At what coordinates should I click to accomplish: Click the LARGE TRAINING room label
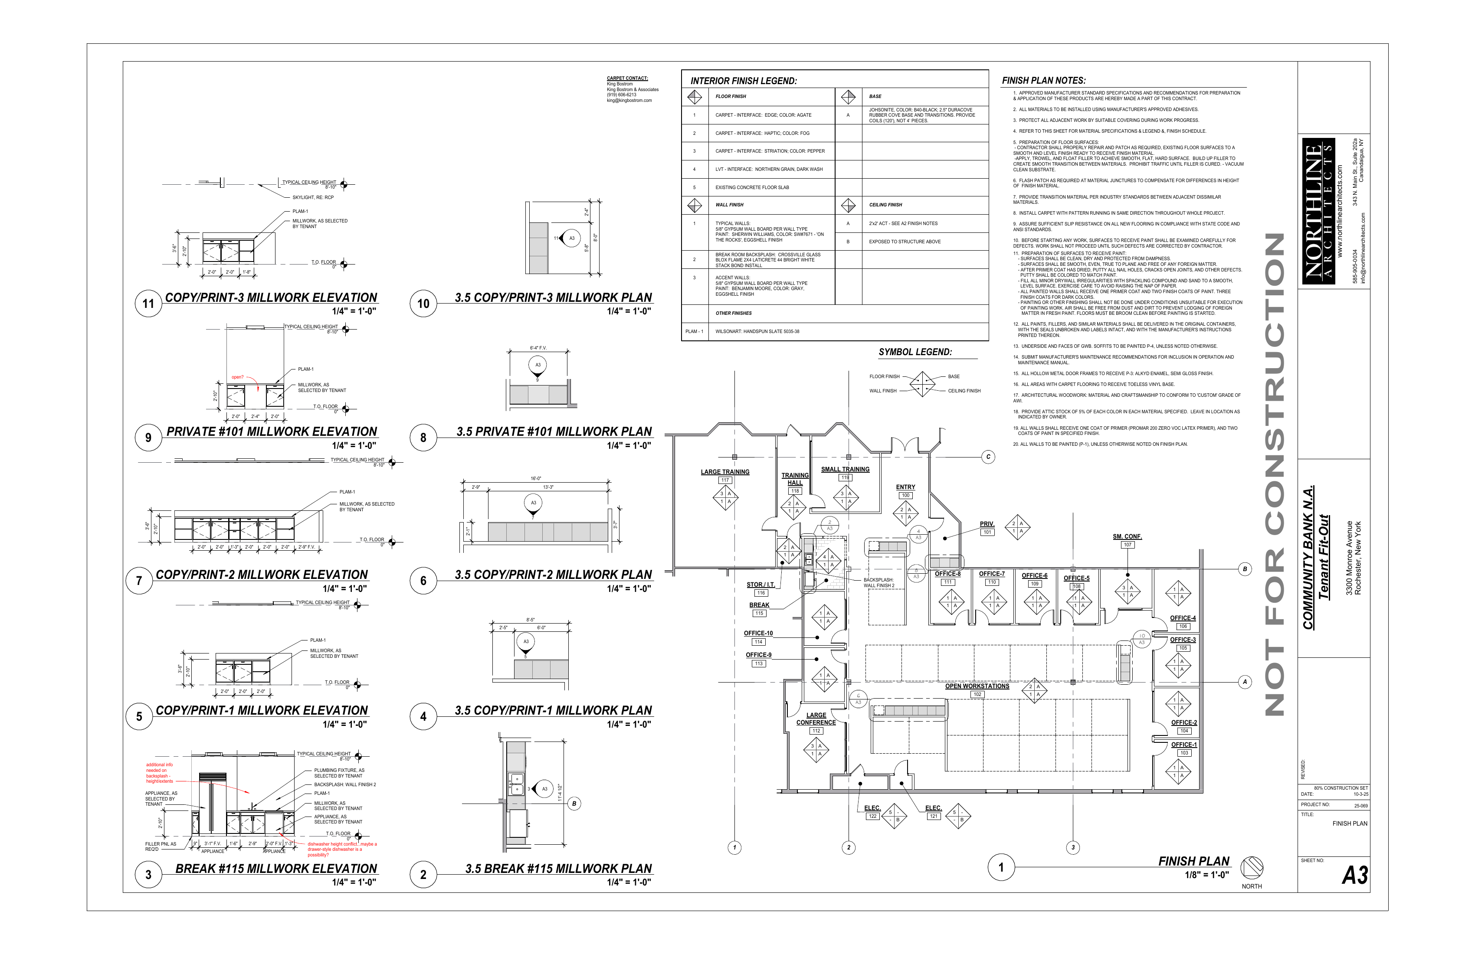tap(724, 472)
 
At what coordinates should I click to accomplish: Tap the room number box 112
tap(816, 731)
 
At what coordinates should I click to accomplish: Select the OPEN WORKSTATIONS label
tap(977, 686)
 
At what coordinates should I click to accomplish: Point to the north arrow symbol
tap(1251, 868)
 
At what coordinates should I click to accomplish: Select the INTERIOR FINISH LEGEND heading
tap(743, 81)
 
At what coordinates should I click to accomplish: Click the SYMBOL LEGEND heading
tap(915, 352)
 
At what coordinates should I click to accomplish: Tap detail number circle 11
tap(148, 304)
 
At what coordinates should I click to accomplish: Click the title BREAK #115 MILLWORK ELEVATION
tap(276, 869)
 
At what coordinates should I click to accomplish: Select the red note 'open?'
tap(237, 377)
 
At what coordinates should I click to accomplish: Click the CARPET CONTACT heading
tap(627, 78)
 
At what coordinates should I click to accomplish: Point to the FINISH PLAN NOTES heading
tap(1044, 81)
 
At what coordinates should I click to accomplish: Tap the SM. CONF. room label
tap(1127, 536)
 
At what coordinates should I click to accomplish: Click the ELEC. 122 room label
tap(872, 808)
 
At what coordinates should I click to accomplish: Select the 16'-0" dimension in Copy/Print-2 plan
tap(535, 479)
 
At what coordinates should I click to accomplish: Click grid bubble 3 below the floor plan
tap(1073, 847)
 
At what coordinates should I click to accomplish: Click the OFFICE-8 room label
tap(947, 574)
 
